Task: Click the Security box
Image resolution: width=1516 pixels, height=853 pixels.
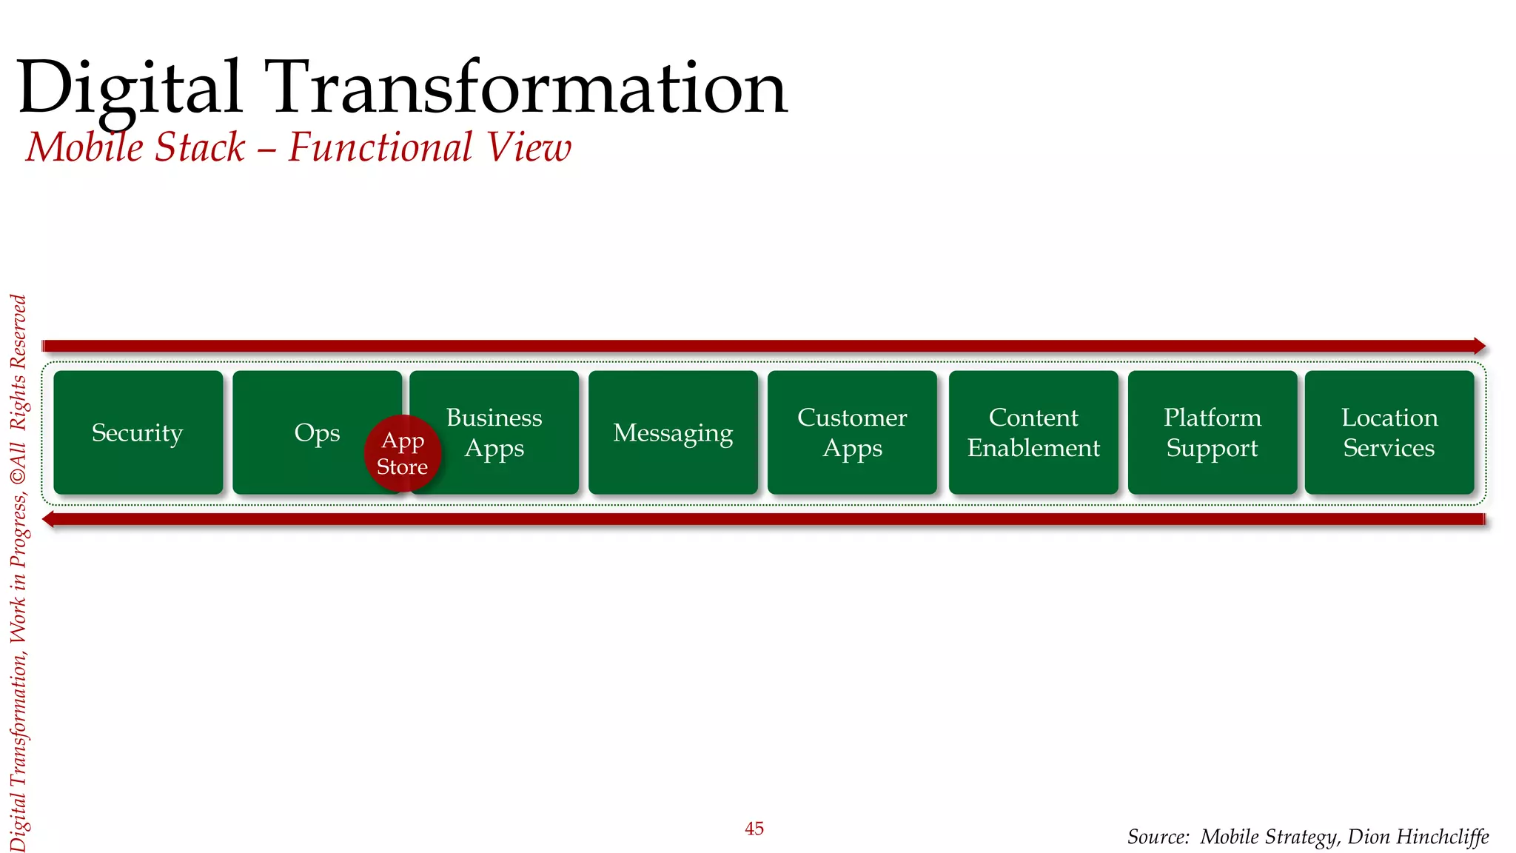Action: coord(138,433)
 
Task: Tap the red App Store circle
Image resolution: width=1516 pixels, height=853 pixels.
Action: coord(403,453)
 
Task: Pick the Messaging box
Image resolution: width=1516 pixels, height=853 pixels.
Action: coord(673,433)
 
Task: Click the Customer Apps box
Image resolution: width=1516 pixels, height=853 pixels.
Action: coord(852,433)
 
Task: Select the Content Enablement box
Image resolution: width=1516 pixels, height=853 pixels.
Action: coord(1033,433)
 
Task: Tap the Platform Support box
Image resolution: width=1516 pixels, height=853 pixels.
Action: coord(1213,433)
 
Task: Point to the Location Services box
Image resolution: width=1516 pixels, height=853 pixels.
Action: coord(1389,433)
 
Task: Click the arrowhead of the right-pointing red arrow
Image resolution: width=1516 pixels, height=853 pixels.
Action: coord(1479,346)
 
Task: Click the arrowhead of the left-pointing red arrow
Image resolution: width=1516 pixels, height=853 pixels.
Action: coord(49,519)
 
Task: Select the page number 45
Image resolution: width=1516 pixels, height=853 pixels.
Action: coord(754,829)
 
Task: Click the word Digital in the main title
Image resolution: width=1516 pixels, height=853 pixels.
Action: coord(130,89)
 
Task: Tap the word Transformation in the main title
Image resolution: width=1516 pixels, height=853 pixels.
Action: coord(526,89)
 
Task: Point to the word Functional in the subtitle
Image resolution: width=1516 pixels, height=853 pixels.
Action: coord(380,147)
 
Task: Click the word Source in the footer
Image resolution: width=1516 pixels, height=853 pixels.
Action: coord(1156,837)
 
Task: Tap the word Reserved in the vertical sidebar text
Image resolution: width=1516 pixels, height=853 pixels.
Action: coord(19,331)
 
